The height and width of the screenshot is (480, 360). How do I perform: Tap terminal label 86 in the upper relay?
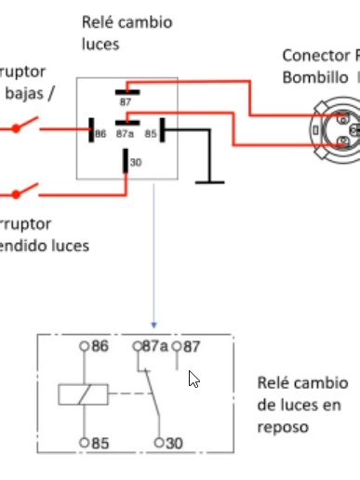tap(100, 134)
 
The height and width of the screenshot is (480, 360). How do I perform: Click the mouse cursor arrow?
tap(193, 379)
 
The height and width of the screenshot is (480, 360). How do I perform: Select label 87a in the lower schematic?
tap(155, 346)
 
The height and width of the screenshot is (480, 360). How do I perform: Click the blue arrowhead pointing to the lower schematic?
tap(153, 325)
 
